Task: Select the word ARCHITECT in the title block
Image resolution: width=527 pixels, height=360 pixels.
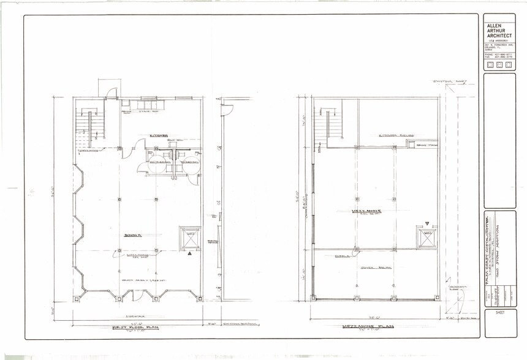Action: [x=499, y=36]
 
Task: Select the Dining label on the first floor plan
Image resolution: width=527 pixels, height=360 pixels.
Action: [x=131, y=234]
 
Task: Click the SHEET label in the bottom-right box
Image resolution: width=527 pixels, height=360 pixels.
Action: [x=495, y=313]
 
